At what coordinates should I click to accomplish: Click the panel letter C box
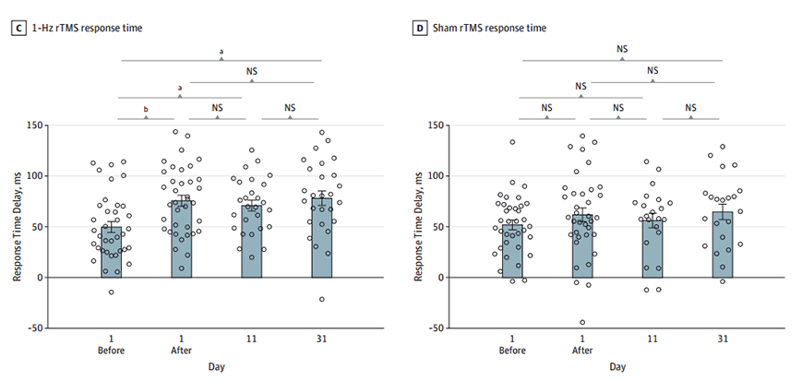17,29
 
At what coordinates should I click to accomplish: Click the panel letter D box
421,29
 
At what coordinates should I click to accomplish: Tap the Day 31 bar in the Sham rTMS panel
722,244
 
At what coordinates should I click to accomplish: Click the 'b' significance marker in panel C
146,109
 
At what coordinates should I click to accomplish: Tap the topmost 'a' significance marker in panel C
221,52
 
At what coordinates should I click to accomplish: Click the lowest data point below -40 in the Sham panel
582,323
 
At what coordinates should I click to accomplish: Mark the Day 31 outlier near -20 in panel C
322,299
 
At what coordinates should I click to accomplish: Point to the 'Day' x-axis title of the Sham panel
616,367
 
